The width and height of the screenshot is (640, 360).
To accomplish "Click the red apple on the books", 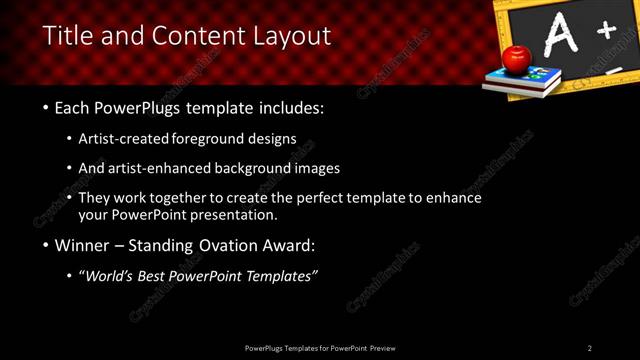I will pos(516,59).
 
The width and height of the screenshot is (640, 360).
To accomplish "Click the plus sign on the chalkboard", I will pos(606,31).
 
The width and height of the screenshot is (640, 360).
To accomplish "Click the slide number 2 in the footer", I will pos(590,347).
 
